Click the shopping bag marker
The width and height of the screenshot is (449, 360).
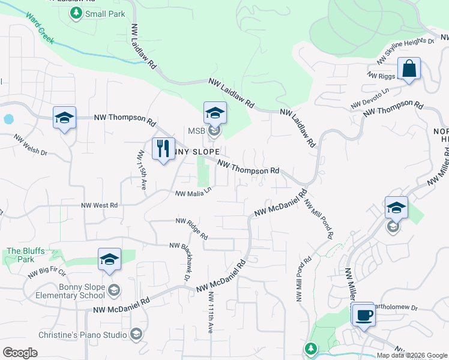[x=409, y=69]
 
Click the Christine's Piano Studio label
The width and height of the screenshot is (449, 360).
[x=65, y=334]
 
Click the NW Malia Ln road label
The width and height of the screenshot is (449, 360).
[x=194, y=193]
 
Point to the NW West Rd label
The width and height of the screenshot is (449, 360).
[x=100, y=205]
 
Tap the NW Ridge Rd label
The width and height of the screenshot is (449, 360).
[x=191, y=228]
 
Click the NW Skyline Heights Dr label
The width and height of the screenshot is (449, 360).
[x=405, y=52]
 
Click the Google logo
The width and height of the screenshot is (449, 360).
[x=20, y=353]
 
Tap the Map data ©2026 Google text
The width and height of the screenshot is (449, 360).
[x=411, y=355]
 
